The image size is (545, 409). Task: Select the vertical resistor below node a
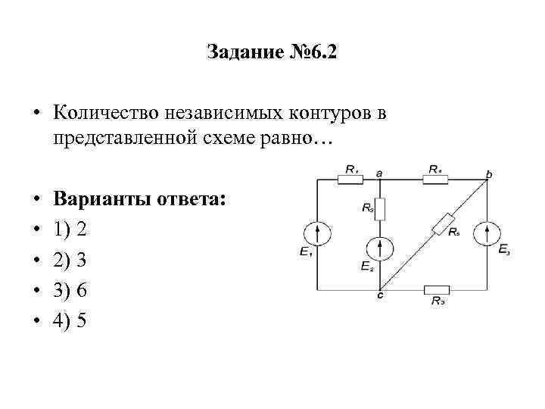pos(381,208)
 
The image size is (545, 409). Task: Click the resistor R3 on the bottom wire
pos(437,289)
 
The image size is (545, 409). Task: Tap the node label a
pos(379,173)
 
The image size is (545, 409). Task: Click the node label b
pos(488,174)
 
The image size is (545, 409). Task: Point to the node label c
pos(380,296)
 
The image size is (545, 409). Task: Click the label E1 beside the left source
pos(305,252)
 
